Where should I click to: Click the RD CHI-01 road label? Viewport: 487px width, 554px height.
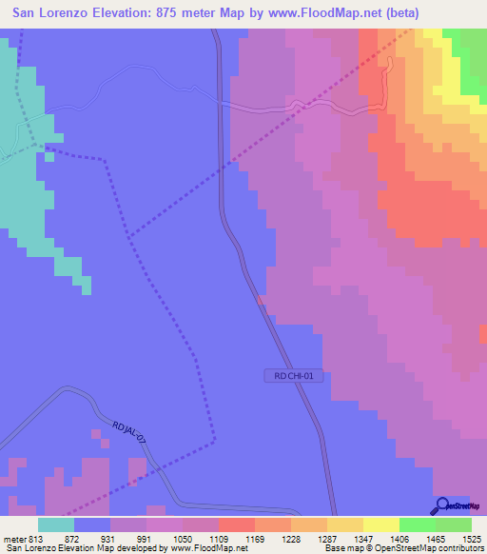(296, 376)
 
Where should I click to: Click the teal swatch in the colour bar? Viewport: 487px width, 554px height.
(56, 525)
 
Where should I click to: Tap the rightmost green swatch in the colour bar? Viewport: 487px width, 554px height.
(454, 525)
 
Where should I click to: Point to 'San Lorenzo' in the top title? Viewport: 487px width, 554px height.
(52, 12)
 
